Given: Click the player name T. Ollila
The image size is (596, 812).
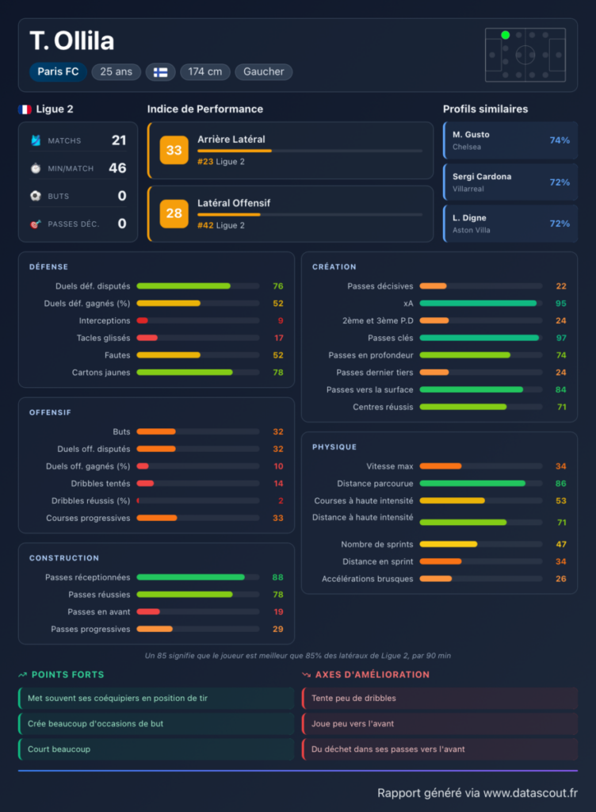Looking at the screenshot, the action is (72, 41).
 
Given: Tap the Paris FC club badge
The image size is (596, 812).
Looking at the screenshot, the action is (58, 71).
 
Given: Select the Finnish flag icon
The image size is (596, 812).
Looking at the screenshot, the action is (160, 72).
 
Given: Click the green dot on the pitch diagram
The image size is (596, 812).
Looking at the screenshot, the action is (506, 35).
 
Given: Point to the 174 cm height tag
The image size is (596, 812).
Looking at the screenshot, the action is (204, 71).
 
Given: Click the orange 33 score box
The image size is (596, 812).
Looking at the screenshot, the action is (174, 150).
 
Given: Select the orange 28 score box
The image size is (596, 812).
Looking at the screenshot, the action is (174, 213).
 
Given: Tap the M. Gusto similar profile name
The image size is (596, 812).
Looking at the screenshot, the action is (471, 135).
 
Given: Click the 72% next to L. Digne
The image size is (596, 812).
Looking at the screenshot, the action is (560, 224).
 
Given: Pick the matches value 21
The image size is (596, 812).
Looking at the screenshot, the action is (119, 140).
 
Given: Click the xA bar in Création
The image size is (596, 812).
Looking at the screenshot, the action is (478, 304).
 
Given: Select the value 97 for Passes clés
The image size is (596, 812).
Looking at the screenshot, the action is (561, 338).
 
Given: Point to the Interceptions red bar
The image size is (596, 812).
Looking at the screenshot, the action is (143, 320).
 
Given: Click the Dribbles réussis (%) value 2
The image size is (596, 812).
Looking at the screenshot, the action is (281, 501).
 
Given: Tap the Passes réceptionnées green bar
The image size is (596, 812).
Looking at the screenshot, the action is (190, 577).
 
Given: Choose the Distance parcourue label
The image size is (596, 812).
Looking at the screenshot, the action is (375, 484).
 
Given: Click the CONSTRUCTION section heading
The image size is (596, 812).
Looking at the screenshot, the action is (64, 558).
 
